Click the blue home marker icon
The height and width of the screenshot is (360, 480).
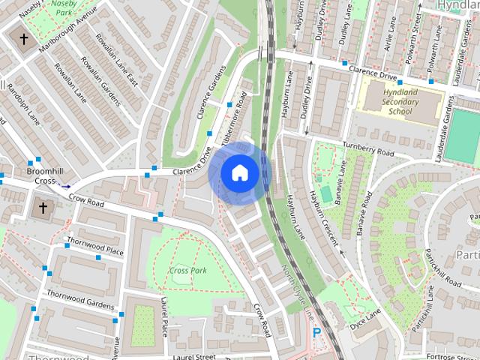point(239,173)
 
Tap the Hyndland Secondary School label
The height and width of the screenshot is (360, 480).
point(400,101)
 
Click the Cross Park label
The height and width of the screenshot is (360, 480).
point(187,270)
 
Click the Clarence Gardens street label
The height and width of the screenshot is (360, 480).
point(211,93)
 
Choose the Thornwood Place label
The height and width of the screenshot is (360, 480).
point(94,246)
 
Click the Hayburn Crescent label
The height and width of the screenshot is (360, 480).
point(322,218)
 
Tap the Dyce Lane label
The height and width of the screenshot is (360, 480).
point(365,322)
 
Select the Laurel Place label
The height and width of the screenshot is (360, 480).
point(164,316)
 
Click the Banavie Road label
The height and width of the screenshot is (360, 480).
point(367,214)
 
